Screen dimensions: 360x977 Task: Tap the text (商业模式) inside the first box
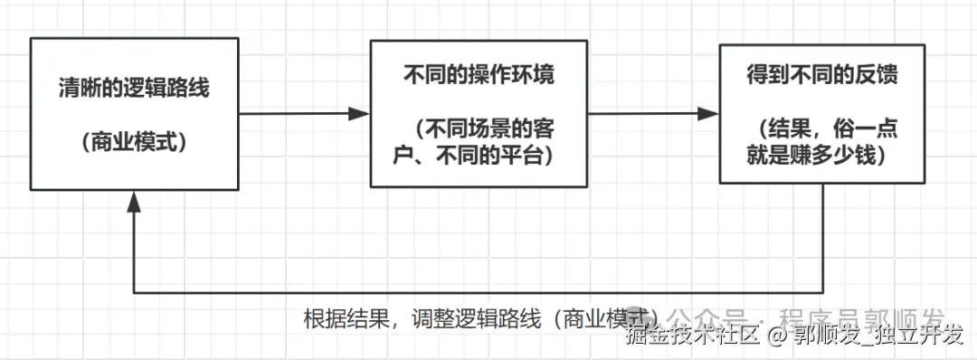[133, 142]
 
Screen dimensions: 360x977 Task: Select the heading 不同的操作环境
[479, 75]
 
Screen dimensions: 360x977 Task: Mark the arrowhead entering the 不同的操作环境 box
[360, 114]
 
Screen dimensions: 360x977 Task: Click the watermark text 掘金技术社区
[691, 336]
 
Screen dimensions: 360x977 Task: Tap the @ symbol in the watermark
[777, 336]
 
